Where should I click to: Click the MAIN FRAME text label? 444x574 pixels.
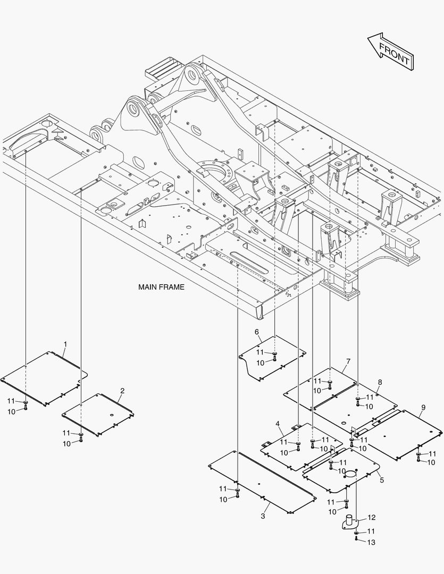(x=161, y=287)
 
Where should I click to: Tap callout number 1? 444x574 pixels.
(x=65, y=344)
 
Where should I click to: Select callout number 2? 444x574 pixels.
(x=122, y=391)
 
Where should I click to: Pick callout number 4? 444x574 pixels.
(x=278, y=423)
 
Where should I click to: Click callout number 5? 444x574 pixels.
(x=381, y=480)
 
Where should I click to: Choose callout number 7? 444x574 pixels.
(x=348, y=361)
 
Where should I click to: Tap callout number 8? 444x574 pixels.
(x=380, y=382)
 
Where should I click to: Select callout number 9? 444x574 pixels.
(x=423, y=408)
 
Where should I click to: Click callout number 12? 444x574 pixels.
(x=371, y=517)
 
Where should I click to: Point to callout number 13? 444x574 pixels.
(x=371, y=543)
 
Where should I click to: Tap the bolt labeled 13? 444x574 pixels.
(x=356, y=539)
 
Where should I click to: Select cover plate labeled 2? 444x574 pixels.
(x=98, y=415)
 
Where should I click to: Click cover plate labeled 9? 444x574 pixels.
(x=404, y=434)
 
